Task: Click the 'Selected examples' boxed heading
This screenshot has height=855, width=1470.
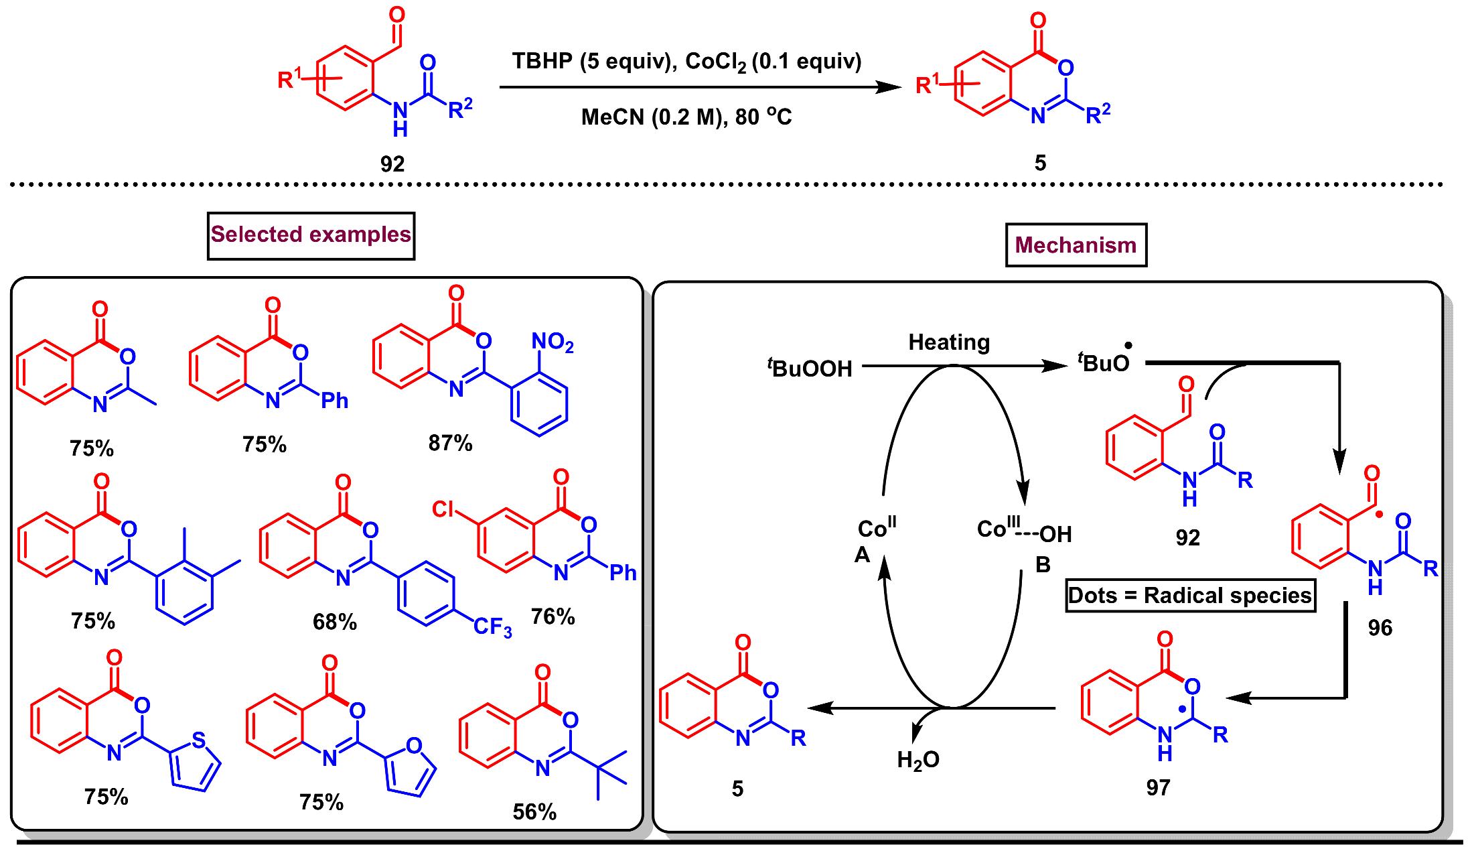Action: coord(311,235)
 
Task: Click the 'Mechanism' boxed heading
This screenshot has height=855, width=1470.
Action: coord(1076,245)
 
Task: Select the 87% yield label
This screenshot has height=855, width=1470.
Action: coord(450,443)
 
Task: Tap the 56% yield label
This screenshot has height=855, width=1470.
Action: coord(534,812)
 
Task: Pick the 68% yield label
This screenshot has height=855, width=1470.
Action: coord(335,622)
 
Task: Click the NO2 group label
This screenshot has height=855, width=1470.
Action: coord(552,342)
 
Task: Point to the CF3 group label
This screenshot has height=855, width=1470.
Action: coord(492,627)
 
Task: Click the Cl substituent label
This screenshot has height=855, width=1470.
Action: coord(443,509)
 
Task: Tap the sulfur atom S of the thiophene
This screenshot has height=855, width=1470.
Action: coord(198,740)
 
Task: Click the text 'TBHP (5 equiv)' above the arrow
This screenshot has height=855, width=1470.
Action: coord(590,62)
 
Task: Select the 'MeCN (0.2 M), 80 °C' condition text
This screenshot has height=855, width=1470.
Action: coord(686,117)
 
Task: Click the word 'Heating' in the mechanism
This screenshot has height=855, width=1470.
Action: coord(948,342)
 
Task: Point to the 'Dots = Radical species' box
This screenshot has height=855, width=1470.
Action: coord(1190,596)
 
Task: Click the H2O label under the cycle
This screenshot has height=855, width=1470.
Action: coord(917,760)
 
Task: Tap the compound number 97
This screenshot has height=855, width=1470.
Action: coord(1158,787)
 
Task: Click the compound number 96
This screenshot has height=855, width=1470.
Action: coord(1380,628)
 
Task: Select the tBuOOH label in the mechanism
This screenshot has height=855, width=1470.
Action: coord(810,368)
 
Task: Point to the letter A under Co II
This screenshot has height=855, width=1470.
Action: coord(862,555)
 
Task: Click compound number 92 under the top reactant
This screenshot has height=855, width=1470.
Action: coord(392,163)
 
